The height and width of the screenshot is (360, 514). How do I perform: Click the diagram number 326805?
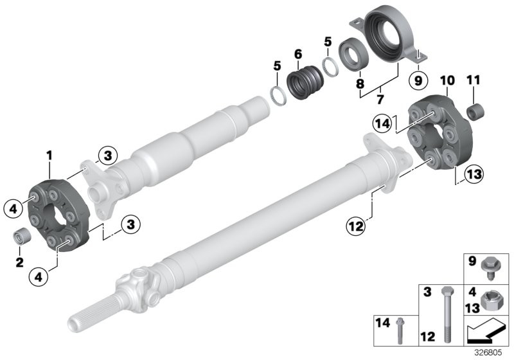click(488, 353)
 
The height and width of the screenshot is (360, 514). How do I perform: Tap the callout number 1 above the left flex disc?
click(49, 156)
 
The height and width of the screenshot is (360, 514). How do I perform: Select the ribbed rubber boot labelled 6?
click(305, 82)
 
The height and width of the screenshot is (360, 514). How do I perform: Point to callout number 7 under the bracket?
click(380, 99)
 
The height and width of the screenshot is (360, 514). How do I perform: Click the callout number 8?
click(360, 84)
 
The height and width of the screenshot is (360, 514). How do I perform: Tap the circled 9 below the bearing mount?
click(418, 80)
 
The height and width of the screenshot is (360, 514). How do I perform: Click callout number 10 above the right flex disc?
click(447, 80)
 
